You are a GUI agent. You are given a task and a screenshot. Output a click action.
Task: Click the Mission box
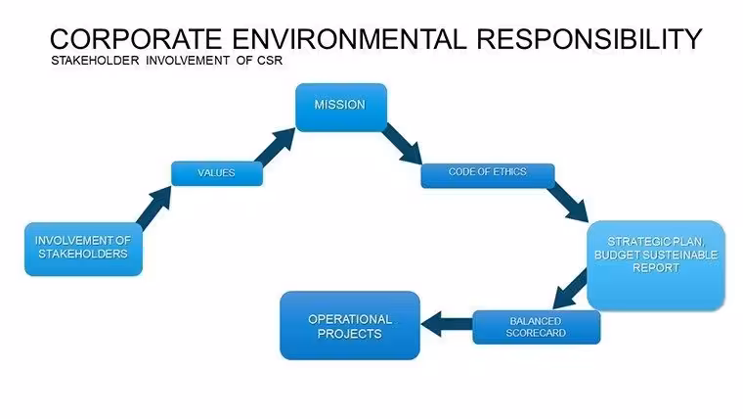[x=341, y=108]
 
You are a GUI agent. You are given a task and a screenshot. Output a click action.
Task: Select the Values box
[x=217, y=173]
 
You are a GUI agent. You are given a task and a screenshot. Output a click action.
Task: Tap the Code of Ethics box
[x=488, y=175]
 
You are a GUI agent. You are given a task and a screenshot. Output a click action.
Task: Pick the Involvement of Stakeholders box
[x=83, y=249]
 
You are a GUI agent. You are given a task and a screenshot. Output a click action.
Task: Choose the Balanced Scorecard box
[x=537, y=327]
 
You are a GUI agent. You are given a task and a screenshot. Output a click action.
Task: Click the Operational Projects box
[x=350, y=326]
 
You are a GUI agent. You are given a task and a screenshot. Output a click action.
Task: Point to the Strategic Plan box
[x=656, y=265]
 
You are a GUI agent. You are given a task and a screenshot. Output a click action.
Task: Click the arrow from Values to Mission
[x=275, y=147]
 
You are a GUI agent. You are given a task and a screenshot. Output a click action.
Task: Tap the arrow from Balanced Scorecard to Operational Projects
[x=447, y=325]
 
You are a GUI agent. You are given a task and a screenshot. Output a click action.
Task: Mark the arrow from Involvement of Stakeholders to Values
[x=154, y=207]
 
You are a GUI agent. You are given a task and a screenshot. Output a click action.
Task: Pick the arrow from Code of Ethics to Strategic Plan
[x=568, y=203]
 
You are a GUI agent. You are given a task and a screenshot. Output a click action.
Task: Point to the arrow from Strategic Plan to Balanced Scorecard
[x=571, y=289]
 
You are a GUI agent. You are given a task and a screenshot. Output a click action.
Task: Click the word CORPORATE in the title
[x=136, y=39]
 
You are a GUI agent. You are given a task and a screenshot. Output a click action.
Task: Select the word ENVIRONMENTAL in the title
[x=349, y=39]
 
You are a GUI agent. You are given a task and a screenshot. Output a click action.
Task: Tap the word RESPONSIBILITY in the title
[x=589, y=39]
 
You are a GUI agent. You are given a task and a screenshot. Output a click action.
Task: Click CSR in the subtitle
[x=270, y=61]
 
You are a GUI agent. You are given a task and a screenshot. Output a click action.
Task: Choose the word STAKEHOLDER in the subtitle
[x=95, y=61]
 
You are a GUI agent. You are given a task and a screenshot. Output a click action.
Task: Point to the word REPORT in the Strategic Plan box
[x=656, y=267]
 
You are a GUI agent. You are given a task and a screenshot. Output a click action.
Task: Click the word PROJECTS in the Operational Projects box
[x=350, y=334]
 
